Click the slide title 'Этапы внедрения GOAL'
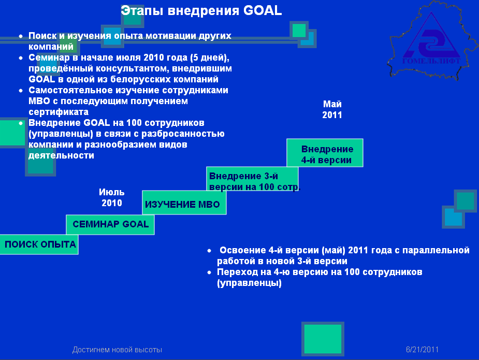[x=201, y=11]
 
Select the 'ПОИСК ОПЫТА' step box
[x=39, y=244]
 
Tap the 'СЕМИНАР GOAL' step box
[x=110, y=225]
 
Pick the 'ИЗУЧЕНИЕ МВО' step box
[x=184, y=203]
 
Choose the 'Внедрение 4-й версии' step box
[x=325, y=153]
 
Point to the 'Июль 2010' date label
[x=112, y=197]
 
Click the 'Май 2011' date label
[x=332, y=109]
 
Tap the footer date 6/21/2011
[x=422, y=349]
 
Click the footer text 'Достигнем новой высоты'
[x=118, y=350]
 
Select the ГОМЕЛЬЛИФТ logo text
[x=431, y=61]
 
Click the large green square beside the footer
[x=323, y=339]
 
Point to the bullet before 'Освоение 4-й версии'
[x=209, y=251]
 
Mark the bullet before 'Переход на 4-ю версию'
[x=209, y=272]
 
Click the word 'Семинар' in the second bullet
[x=49, y=57]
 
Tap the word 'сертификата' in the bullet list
[x=59, y=112]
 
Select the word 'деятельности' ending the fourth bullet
[x=61, y=155]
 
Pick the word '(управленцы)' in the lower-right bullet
[x=249, y=283]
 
